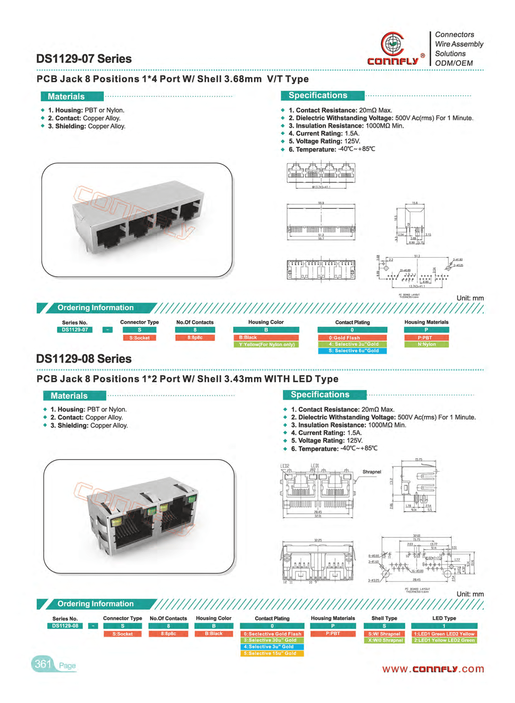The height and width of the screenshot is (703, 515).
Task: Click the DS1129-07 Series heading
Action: point(84,59)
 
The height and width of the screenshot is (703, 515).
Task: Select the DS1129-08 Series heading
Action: point(84,359)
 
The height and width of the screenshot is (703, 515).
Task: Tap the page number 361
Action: point(43,664)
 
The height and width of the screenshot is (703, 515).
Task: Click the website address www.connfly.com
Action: point(433,669)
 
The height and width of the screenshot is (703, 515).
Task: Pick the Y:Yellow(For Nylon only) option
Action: point(266,345)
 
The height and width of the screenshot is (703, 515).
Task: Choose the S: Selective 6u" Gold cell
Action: point(352,351)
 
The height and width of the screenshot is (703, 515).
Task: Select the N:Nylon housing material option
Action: point(426,345)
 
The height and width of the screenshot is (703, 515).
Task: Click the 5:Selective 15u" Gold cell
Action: point(272,654)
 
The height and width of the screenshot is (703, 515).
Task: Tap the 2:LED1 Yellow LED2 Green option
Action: point(444,640)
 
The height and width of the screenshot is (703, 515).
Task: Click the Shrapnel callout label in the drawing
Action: point(372,472)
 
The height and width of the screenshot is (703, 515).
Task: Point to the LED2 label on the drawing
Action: point(285,466)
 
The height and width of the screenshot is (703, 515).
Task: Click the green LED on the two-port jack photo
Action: point(192,498)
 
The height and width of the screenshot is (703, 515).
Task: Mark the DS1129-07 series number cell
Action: point(75,330)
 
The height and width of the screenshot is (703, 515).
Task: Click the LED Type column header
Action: point(444,618)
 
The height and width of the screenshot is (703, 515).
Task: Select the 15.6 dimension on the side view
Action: point(415,203)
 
